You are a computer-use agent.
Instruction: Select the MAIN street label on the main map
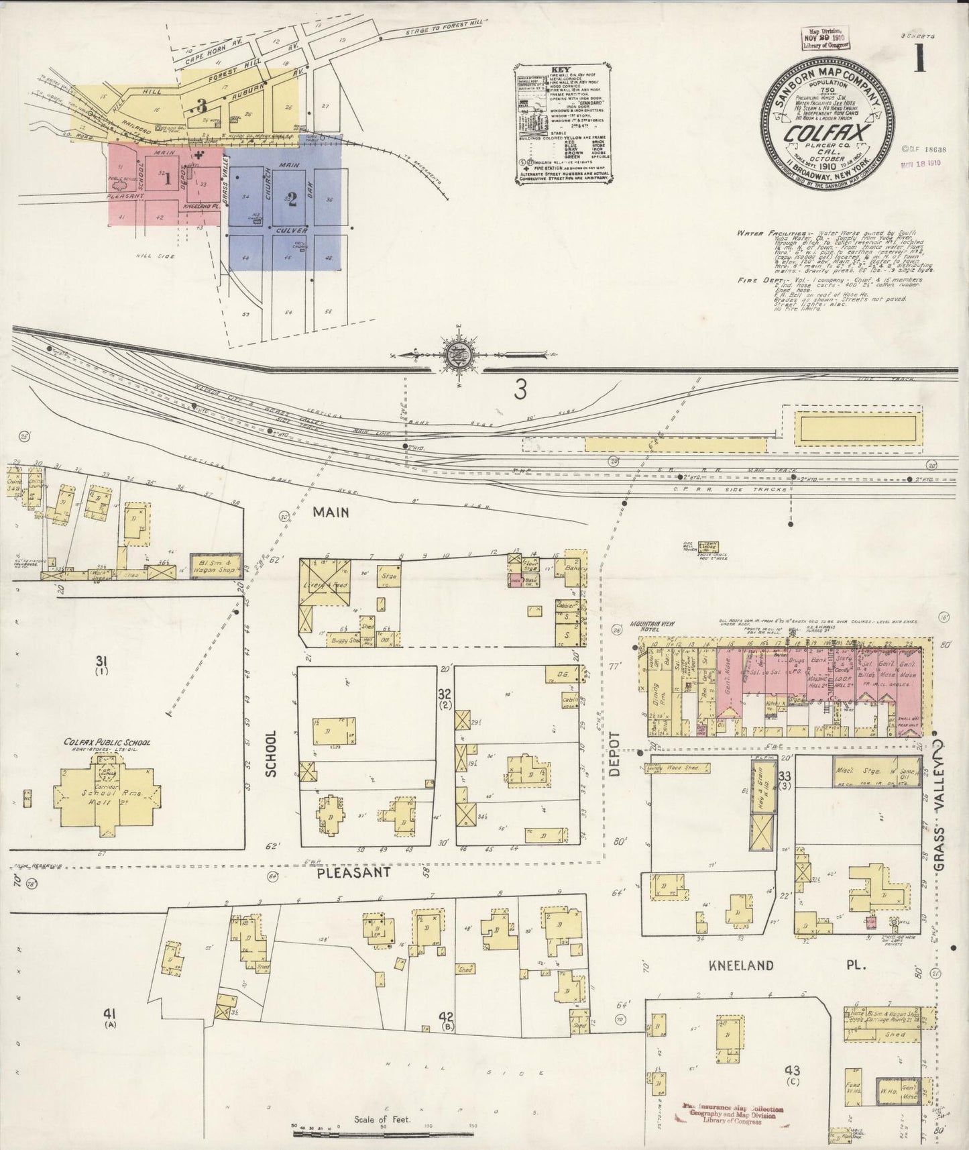tap(331, 512)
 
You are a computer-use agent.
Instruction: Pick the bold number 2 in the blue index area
tap(292, 200)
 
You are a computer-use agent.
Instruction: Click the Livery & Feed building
tap(326, 585)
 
